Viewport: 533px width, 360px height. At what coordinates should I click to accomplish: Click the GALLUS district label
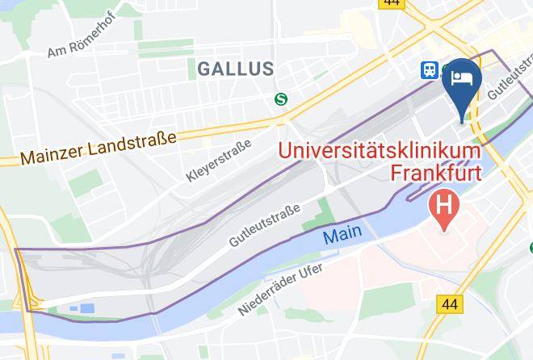click(x=235, y=69)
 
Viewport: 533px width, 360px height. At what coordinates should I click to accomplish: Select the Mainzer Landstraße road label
click(x=99, y=149)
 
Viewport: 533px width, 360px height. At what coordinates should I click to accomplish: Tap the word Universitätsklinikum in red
click(x=380, y=150)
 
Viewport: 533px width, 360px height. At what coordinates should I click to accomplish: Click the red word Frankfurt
click(x=435, y=172)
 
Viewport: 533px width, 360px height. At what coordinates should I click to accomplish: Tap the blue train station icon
click(x=427, y=71)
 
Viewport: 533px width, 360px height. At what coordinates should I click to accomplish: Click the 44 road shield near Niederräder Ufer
click(x=450, y=303)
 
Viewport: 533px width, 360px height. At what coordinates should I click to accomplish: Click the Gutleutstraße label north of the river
click(x=265, y=226)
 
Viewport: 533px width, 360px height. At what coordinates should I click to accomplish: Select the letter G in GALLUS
click(x=204, y=69)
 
